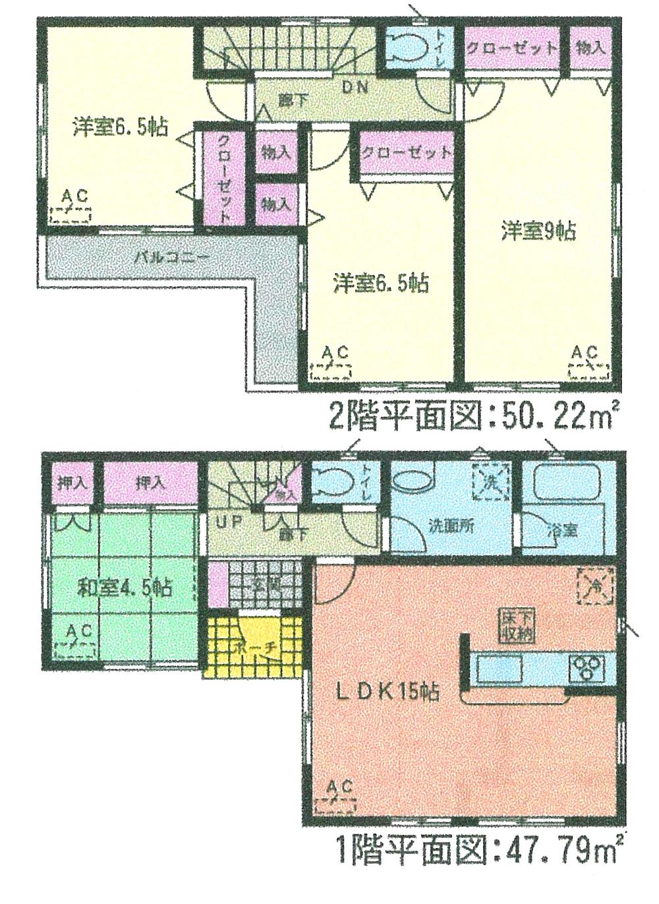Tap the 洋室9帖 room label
coord(538,231)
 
